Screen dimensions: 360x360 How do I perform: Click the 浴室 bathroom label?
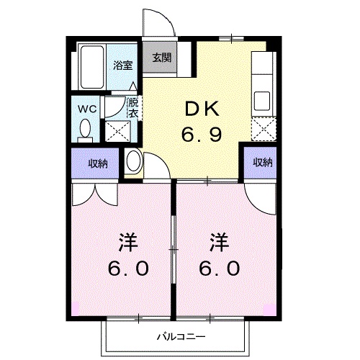click(x=122, y=65)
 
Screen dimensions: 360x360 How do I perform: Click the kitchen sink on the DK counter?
click(x=261, y=99)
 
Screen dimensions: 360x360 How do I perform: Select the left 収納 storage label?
click(x=98, y=163)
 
